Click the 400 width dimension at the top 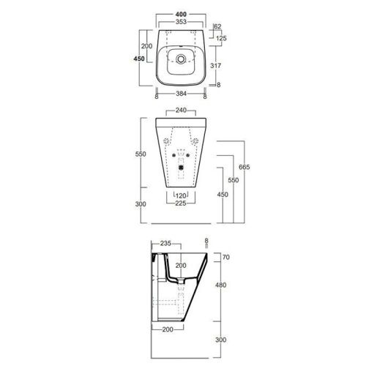click(179, 15)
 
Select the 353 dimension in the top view click(179, 23)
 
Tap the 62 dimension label click(217, 26)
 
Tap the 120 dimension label click(180, 195)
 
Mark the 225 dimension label click(180, 204)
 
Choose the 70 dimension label click(225, 258)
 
